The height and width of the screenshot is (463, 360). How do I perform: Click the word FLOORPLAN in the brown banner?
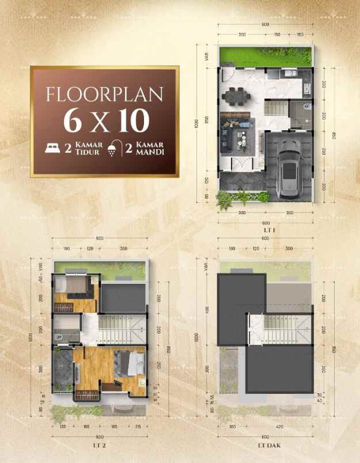pyautogui.click(x=105, y=94)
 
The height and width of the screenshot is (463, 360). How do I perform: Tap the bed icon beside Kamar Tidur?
pyautogui.click(x=54, y=147)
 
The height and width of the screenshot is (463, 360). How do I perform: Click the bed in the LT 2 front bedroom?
pyautogui.click(x=131, y=362)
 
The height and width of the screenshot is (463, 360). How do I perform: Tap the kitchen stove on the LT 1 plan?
pyautogui.click(x=306, y=86)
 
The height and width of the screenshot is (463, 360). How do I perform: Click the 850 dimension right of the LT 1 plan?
pyautogui.click(x=334, y=136)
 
